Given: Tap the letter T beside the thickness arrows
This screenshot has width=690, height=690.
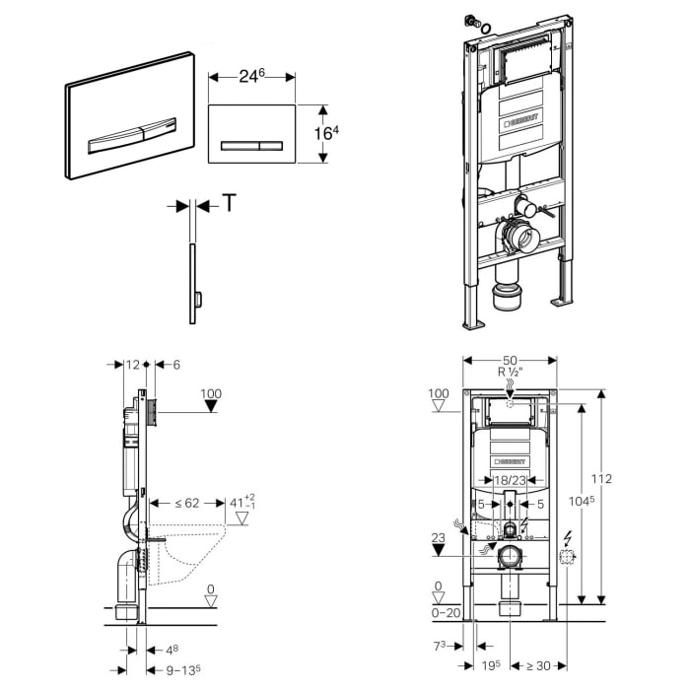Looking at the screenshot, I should click(x=229, y=203).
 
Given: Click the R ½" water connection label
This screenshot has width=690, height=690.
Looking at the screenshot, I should click(x=510, y=375).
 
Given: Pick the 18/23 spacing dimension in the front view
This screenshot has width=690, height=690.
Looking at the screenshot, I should click(x=510, y=480).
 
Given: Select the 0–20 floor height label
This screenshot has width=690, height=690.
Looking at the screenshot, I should click(x=447, y=613).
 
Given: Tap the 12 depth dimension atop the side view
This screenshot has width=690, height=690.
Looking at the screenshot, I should click(x=134, y=366).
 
